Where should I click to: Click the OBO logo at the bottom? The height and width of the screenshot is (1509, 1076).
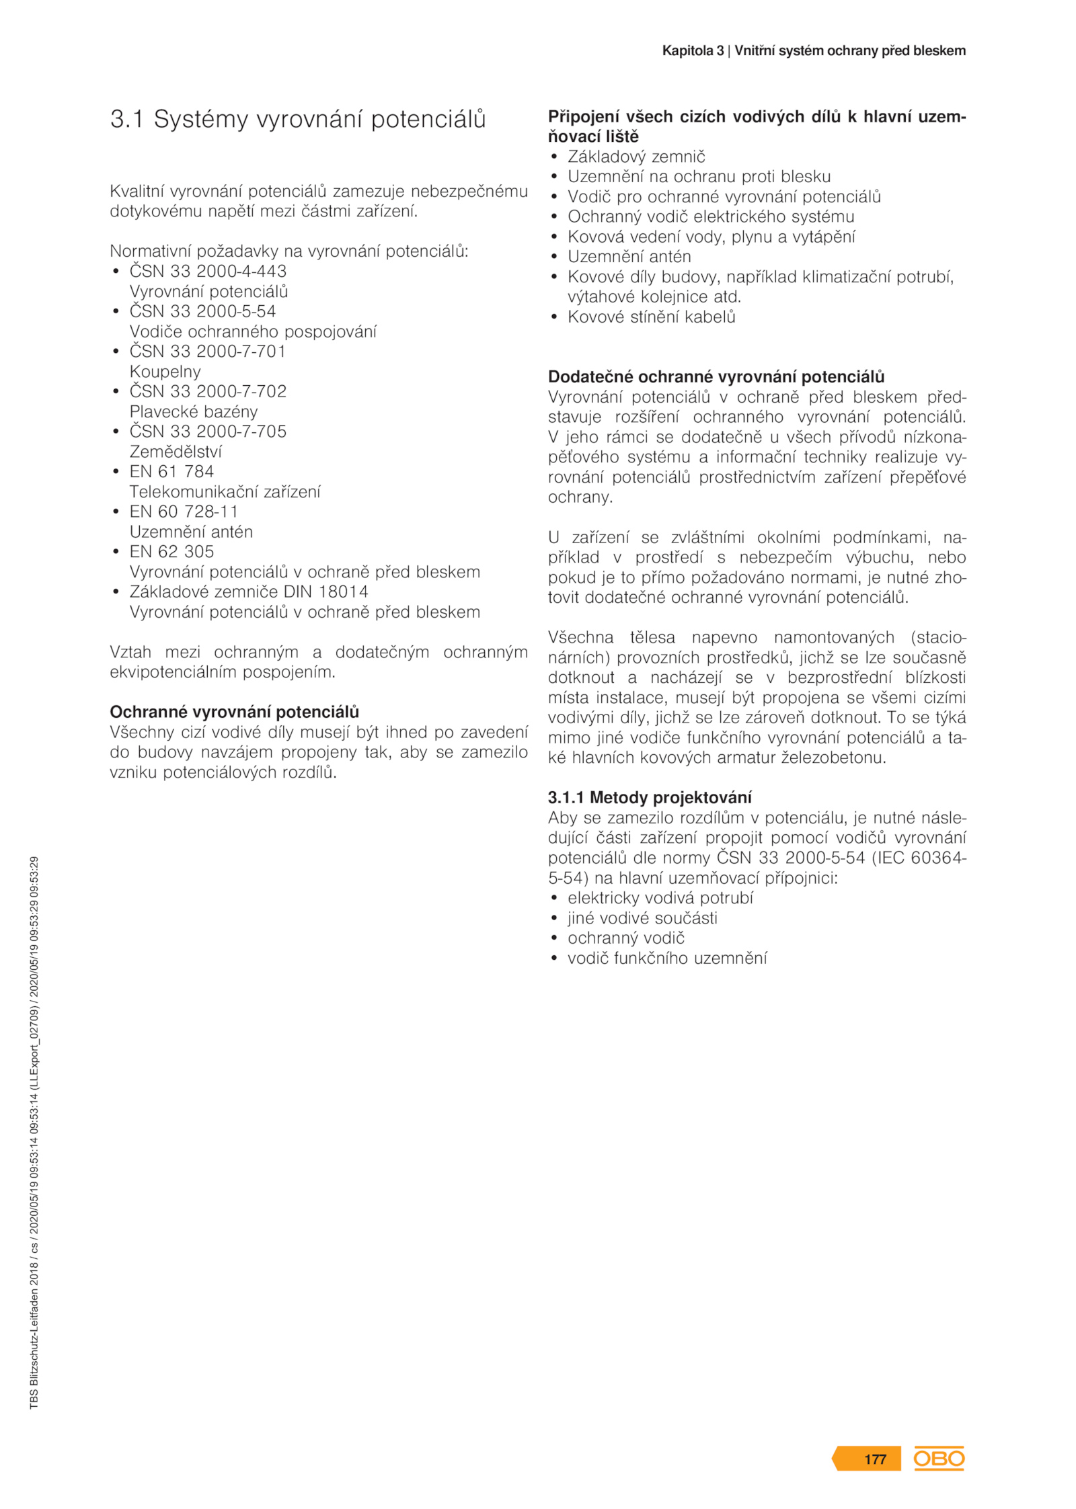938,1459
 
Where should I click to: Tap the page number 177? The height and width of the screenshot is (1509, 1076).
874,1459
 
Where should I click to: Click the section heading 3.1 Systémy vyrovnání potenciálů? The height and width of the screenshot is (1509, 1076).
298,119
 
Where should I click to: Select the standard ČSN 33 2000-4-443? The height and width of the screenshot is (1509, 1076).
208,271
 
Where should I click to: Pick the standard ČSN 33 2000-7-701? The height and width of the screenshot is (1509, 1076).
208,351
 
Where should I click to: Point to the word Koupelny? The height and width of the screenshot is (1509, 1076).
165,371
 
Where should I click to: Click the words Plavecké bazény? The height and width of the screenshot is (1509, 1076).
194,411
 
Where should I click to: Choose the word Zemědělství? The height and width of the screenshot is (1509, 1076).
176,451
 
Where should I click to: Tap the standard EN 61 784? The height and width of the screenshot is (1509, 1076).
171,471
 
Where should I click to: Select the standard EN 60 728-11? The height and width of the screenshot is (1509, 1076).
184,512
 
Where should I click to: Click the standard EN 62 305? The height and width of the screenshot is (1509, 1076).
171,551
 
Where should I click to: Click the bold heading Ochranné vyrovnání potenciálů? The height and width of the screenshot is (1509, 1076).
234,712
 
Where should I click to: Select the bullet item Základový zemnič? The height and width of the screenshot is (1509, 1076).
636,157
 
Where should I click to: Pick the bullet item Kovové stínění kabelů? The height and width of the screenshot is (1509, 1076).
651,317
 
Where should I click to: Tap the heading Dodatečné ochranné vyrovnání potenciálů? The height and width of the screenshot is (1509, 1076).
716,376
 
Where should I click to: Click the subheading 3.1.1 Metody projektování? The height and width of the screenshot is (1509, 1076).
650,798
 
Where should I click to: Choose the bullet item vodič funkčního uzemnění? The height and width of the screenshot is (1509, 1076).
666,958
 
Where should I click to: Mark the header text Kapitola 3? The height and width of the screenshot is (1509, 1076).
693,51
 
